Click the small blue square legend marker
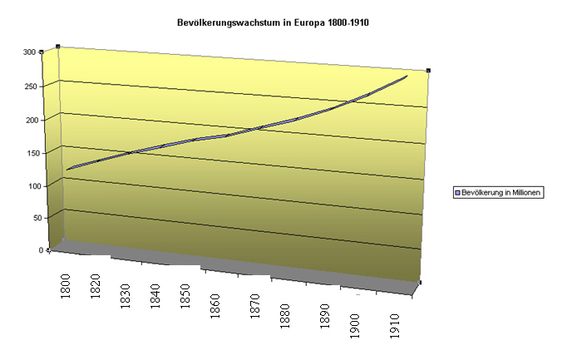(456, 192)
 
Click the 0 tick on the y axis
(38, 249)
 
